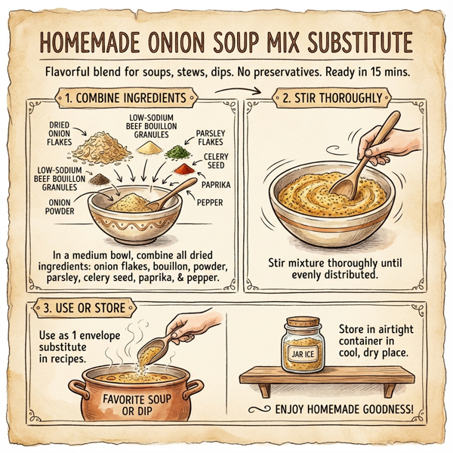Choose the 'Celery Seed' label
coord(216,162)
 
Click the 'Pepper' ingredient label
coord(213,202)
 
